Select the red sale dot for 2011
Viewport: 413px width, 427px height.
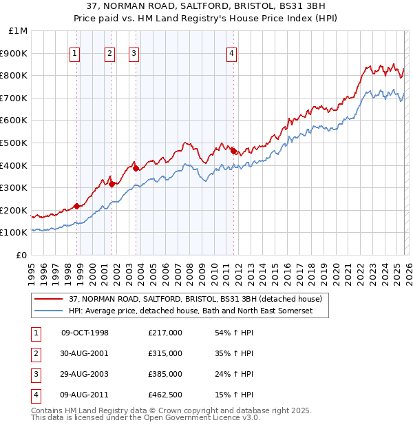pyautogui.click(x=233, y=151)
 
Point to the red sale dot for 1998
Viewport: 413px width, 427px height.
pyautogui.click(x=77, y=206)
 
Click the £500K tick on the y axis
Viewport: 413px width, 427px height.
pyautogui.click(x=15, y=143)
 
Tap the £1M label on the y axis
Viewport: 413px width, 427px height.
pyautogui.click(x=19, y=31)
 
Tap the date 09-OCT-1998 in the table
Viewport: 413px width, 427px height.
pyautogui.click(x=85, y=333)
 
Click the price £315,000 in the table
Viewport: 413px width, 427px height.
pyautogui.click(x=165, y=353)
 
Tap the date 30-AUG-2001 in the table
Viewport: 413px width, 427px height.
pyautogui.click(x=85, y=353)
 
